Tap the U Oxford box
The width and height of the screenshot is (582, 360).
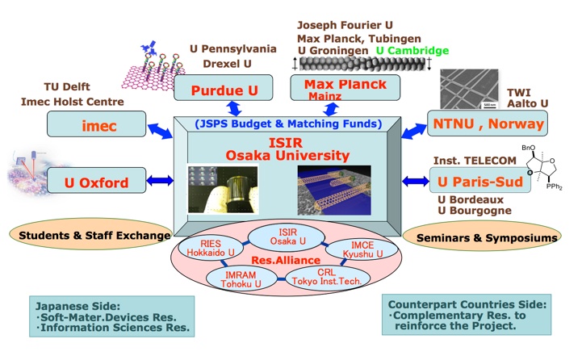click(97, 182)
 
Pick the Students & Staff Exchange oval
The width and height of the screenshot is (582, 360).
click(91, 236)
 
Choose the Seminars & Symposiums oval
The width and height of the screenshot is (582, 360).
click(480, 237)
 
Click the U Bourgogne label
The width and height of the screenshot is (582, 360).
click(476, 211)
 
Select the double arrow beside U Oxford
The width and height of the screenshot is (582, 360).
click(159, 181)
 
